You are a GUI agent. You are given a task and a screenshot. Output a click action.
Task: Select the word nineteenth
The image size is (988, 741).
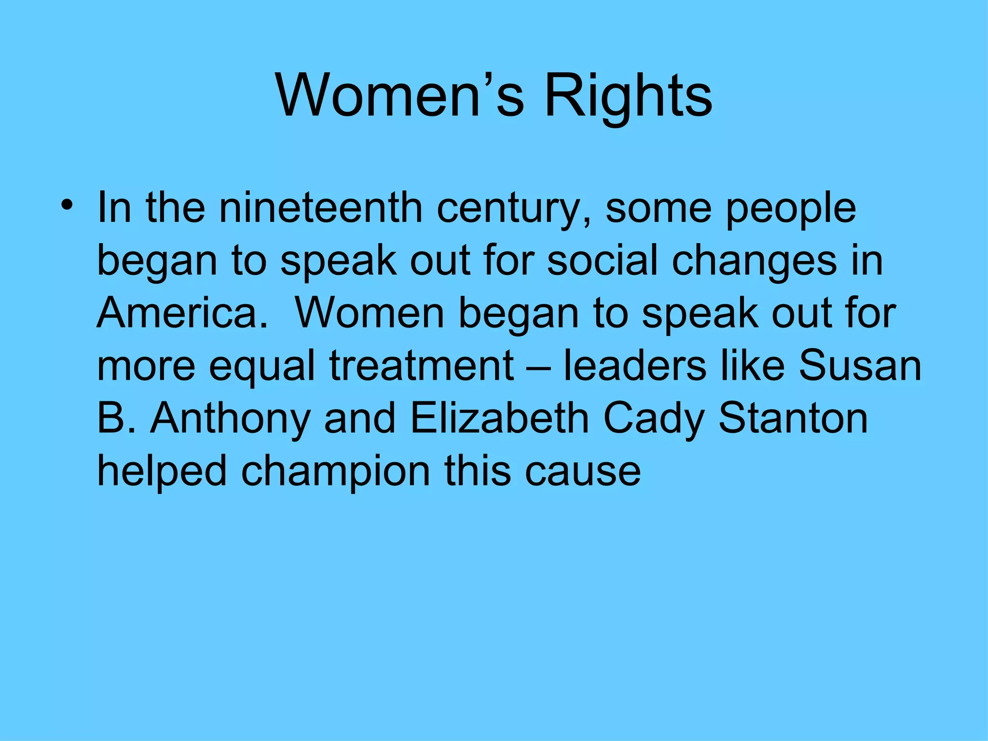321,208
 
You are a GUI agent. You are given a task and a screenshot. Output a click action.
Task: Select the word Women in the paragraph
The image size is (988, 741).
370,313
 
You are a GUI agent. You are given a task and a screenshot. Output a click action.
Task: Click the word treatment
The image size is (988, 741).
422,366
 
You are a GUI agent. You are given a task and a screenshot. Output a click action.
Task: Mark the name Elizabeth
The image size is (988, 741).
499,418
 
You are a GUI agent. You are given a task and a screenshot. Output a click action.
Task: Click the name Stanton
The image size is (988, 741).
793,418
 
